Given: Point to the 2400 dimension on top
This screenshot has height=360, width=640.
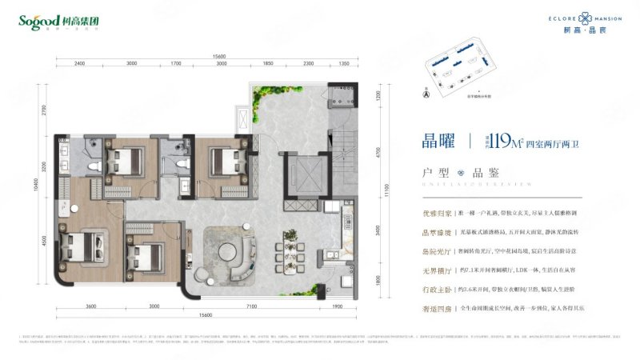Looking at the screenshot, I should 79,63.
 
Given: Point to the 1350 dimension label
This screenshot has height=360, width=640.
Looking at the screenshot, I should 344,63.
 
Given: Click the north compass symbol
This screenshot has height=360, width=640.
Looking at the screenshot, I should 426,94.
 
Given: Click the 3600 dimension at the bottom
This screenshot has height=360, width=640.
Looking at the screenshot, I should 91,306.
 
